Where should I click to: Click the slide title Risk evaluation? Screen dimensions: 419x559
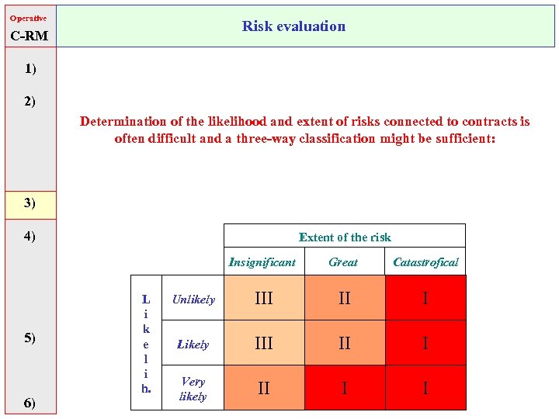pyautogui.click(x=293, y=26)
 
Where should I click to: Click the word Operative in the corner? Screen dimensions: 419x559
pyautogui.click(x=28, y=17)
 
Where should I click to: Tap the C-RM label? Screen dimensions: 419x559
pyautogui.click(x=30, y=36)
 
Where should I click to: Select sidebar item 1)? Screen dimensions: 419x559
pyautogui.click(x=30, y=69)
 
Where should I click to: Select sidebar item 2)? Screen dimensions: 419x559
pyautogui.click(x=30, y=101)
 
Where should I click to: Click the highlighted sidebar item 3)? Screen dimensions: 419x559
pyautogui.click(x=30, y=203)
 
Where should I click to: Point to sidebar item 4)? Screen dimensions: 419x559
pyautogui.click(x=30, y=235)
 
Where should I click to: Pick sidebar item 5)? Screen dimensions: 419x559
pyautogui.click(x=30, y=338)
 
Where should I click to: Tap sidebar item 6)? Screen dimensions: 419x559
pyautogui.click(x=30, y=402)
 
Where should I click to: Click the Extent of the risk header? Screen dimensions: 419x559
pyautogui.click(x=345, y=237)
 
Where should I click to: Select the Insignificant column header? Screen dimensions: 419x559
pyautogui.click(x=262, y=262)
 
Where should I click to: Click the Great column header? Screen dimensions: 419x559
pyautogui.click(x=343, y=262)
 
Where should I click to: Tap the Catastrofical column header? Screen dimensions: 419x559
pyautogui.click(x=425, y=262)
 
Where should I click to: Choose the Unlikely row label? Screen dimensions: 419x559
pyautogui.click(x=193, y=300)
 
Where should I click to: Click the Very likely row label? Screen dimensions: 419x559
pyautogui.click(x=193, y=389)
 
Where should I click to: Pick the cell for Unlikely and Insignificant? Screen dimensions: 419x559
pyautogui.click(x=264, y=299)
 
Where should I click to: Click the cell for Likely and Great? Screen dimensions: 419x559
pyautogui.click(x=344, y=343)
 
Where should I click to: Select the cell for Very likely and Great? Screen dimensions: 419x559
pyautogui.click(x=344, y=387)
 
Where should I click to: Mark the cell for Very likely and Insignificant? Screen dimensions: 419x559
pyautogui.click(x=264, y=387)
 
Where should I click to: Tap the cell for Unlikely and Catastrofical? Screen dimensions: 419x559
pyautogui.click(x=425, y=299)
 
